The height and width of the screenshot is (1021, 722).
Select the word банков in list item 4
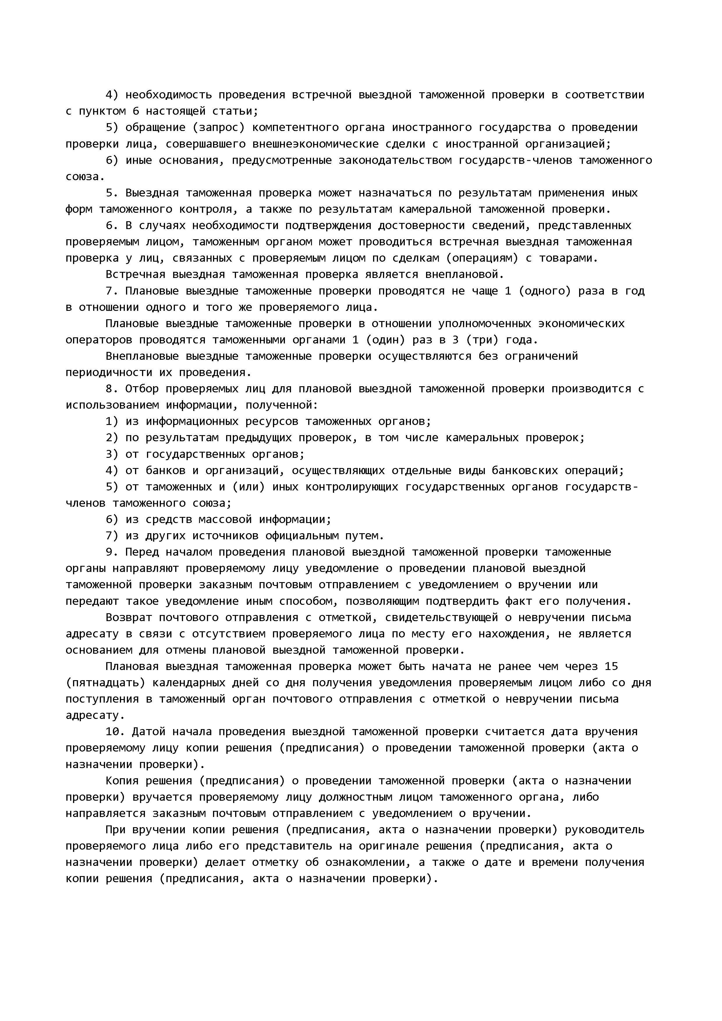pyautogui.click(x=165, y=470)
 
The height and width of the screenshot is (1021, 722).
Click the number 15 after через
pyautogui.click(x=611, y=667)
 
